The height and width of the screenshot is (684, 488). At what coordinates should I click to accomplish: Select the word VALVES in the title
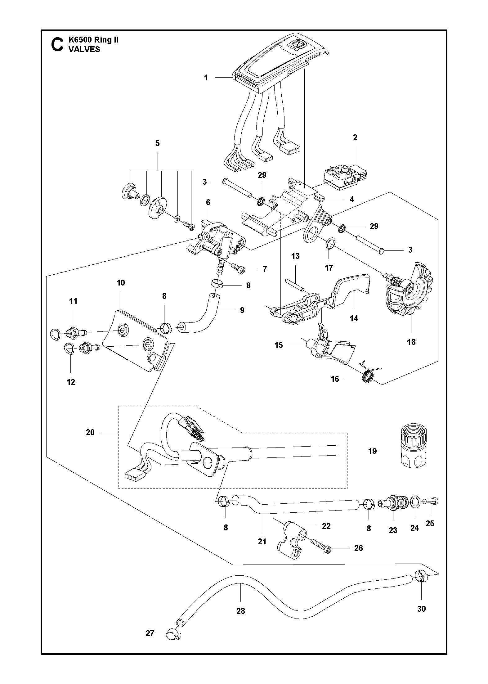pyautogui.click(x=84, y=49)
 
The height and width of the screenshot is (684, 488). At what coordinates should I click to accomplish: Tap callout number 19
pyautogui.click(x=373, y=451)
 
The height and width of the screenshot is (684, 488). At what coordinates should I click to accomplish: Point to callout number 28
pyautogui.click(x=241, y=611)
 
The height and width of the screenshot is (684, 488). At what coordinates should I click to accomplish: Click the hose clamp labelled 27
pyautogui.click(x=173, y=634)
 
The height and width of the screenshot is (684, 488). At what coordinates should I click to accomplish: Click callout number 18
pyautogui.click(x=411, y=342)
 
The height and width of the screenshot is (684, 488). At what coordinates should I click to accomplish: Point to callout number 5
pyautogui.click(x=158, y=143)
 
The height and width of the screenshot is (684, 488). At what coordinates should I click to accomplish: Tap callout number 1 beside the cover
pyautogui.click(x=206, y=78)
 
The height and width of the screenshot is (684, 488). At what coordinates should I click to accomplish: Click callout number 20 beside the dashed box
pyautogui.click(x=90, y=432)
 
